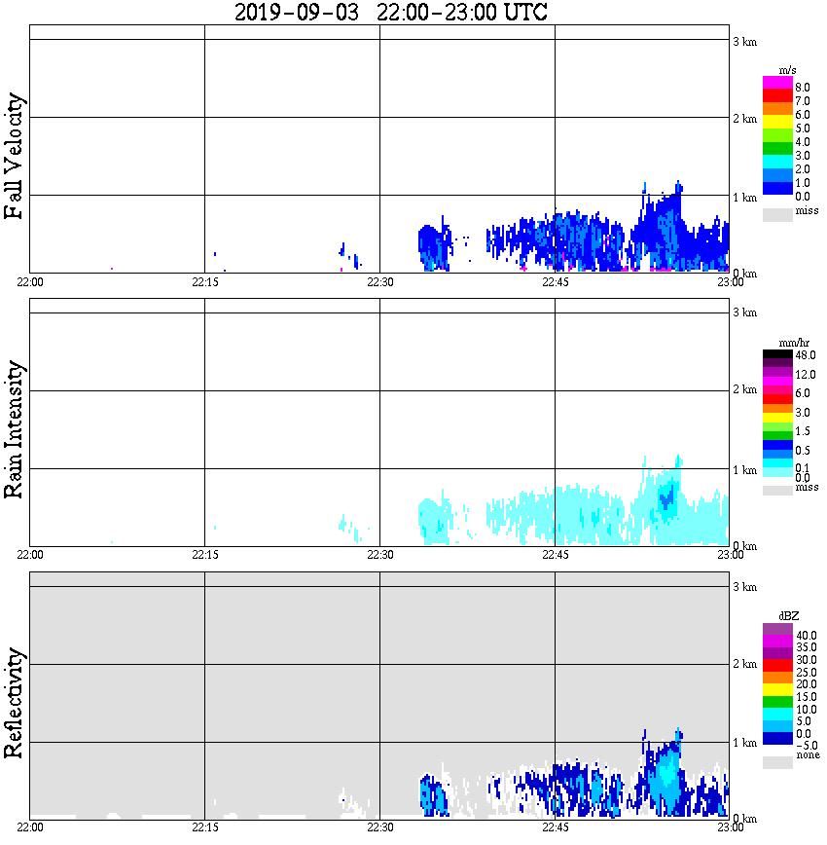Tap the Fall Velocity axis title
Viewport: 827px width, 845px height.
pos(15,156)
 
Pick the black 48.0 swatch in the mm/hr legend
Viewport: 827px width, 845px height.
pos(777,355)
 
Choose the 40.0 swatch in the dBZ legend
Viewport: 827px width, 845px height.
pos(777,629)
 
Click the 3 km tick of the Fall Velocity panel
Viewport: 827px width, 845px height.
pos(744,41)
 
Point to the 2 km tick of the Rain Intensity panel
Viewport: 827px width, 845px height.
pos(744,390)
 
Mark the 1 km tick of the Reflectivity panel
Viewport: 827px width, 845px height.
pos(744,743)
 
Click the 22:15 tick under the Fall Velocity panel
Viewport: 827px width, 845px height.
pos(204,282)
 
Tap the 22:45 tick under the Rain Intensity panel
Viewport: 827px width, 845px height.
pos(555,555)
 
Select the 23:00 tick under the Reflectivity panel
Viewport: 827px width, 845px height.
pos(730,827)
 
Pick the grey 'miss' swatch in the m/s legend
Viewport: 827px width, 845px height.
pos(777,213)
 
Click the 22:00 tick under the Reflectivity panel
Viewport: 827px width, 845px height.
pos(30,827)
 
